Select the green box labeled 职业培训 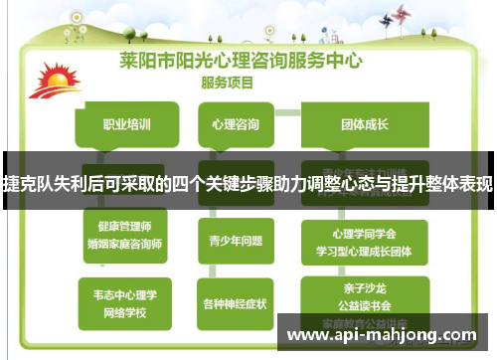point(127,125)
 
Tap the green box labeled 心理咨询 point(236,125)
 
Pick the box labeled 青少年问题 point(236,239)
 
